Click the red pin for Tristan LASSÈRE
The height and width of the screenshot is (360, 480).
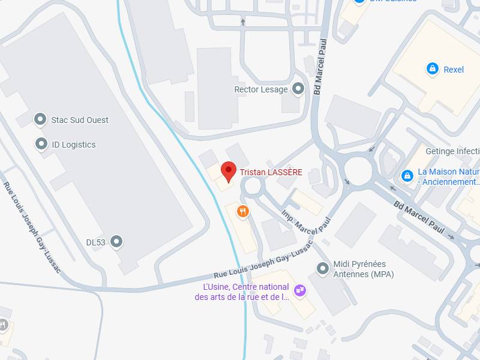228,171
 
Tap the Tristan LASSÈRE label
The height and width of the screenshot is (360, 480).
271,173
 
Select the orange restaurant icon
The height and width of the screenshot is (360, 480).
242,211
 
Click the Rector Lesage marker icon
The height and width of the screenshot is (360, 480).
298,90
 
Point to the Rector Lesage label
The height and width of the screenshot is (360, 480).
261,90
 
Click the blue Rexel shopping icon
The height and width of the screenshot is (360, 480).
431,69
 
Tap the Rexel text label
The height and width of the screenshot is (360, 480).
454,70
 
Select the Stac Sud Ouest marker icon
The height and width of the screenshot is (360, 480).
40,119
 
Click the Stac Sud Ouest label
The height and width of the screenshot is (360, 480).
80,120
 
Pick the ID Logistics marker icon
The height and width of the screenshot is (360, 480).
41,144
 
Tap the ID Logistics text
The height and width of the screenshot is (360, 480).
73,145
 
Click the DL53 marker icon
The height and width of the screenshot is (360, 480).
117,242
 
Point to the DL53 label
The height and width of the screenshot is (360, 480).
95,242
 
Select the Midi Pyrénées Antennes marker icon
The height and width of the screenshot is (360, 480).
323,269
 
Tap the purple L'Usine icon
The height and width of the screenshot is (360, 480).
301,291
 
